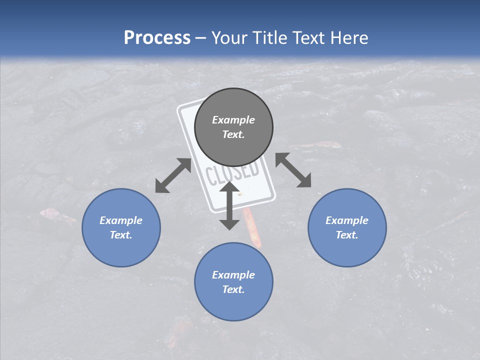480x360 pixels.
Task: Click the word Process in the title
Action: [x=157, y=38]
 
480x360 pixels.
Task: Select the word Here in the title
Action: [x=349, y=38]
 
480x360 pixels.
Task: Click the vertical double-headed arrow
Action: [x=229, y=205]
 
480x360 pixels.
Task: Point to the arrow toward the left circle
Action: [x=173, y=175]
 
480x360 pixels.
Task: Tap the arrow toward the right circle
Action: [x=293, y=170]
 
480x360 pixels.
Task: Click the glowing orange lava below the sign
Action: [x=252, y=230]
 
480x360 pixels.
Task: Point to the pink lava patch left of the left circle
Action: [x=56, y=215]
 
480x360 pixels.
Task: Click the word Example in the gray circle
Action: [x=233, y=120]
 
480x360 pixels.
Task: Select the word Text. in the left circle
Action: [x=121, y=235]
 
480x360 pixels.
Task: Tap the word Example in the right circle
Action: [x=347, y=220]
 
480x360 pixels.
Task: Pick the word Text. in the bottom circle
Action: [x=233, y=289]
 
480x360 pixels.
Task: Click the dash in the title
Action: [x=201, y=38]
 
